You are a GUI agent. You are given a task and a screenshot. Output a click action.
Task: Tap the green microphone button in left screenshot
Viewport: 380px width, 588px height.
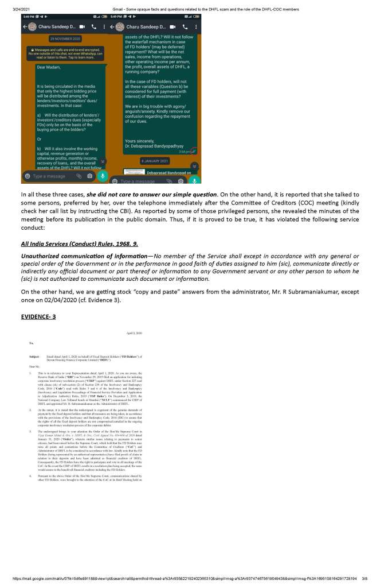click(x=103, y=176)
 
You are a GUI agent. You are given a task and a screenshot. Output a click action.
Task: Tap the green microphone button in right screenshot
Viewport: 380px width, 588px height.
click(x=194, y=181)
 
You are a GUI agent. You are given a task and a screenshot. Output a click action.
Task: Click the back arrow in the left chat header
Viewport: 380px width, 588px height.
click(x=25, y=27)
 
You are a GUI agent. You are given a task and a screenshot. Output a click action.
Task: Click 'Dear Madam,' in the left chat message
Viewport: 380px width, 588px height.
click(x=48, y=67)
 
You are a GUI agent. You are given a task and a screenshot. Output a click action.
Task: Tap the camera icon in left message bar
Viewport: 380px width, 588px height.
click(x=89, y=176)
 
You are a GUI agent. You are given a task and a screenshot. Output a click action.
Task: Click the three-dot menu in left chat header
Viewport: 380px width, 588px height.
click(x=103, y=27)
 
